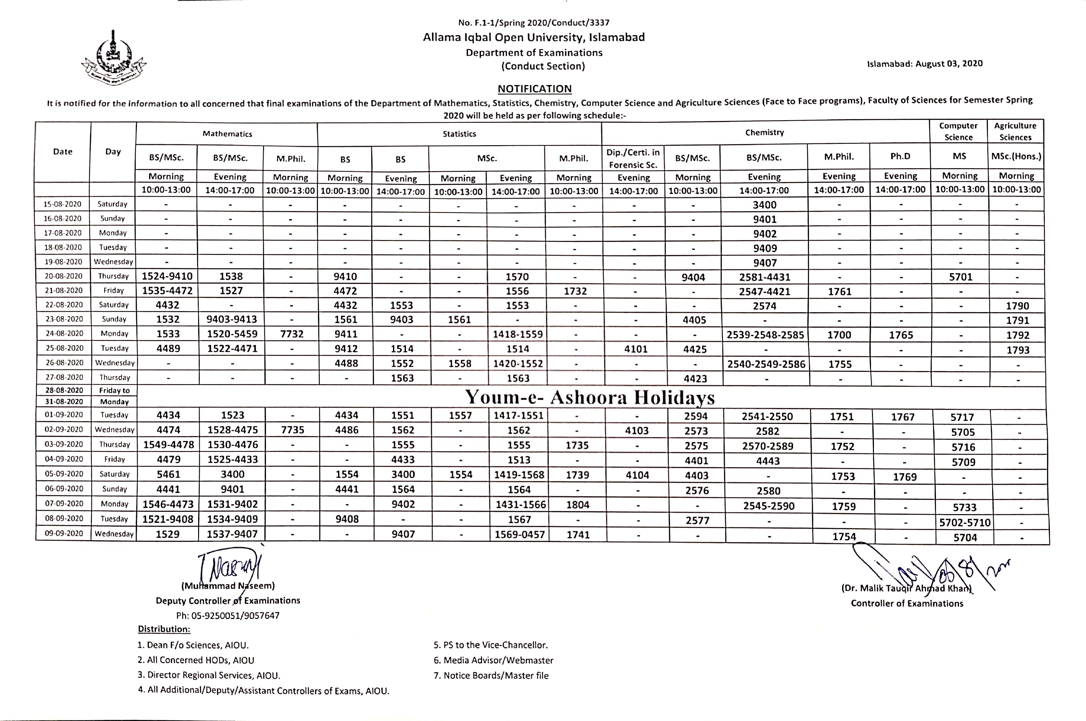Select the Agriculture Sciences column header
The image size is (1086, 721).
coord(1015,132)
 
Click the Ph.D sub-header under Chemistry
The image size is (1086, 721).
coord(900,156)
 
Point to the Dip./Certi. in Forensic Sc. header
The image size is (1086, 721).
coord(633,158)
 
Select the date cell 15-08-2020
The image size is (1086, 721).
coord(63,204)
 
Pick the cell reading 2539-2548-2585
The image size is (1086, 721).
coord(765,335)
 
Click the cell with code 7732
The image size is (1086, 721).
coord(292,334)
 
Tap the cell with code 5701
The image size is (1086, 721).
coord(961,277)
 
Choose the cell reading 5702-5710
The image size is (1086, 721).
coord(964,522)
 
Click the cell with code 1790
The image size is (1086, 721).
coord(1017,306)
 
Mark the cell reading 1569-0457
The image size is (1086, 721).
coord(520,534)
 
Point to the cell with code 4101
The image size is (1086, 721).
coord(636,349)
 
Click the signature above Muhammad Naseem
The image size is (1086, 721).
coord(230,566)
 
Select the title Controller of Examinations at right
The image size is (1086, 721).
coord(907,603)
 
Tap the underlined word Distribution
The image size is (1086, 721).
coord(164,629)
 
